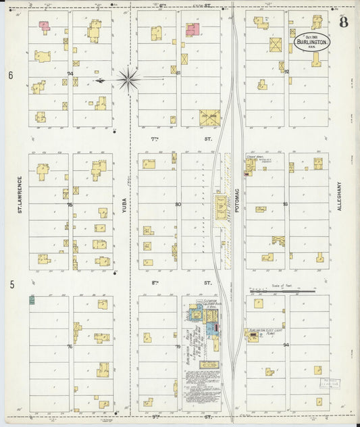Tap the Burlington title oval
click(311, 43)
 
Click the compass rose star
click(128, 80)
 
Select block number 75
click(70, 203)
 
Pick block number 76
click(70, 346)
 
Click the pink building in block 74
click(45, 26)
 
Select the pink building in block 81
click(192, 29)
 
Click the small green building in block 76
click(32, 299)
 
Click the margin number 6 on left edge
click(11, 76)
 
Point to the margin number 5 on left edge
click(11, 285)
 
